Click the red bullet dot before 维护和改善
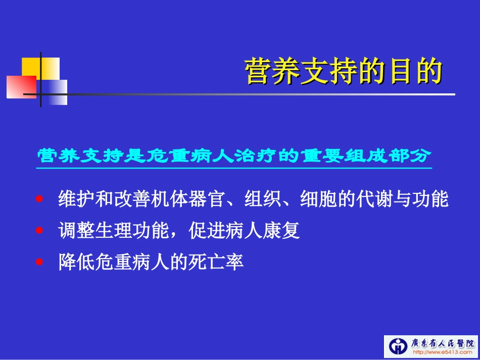click(x=40, y=199)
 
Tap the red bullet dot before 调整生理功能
click(x=40, y=231)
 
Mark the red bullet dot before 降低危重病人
click(x=40, y=263)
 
